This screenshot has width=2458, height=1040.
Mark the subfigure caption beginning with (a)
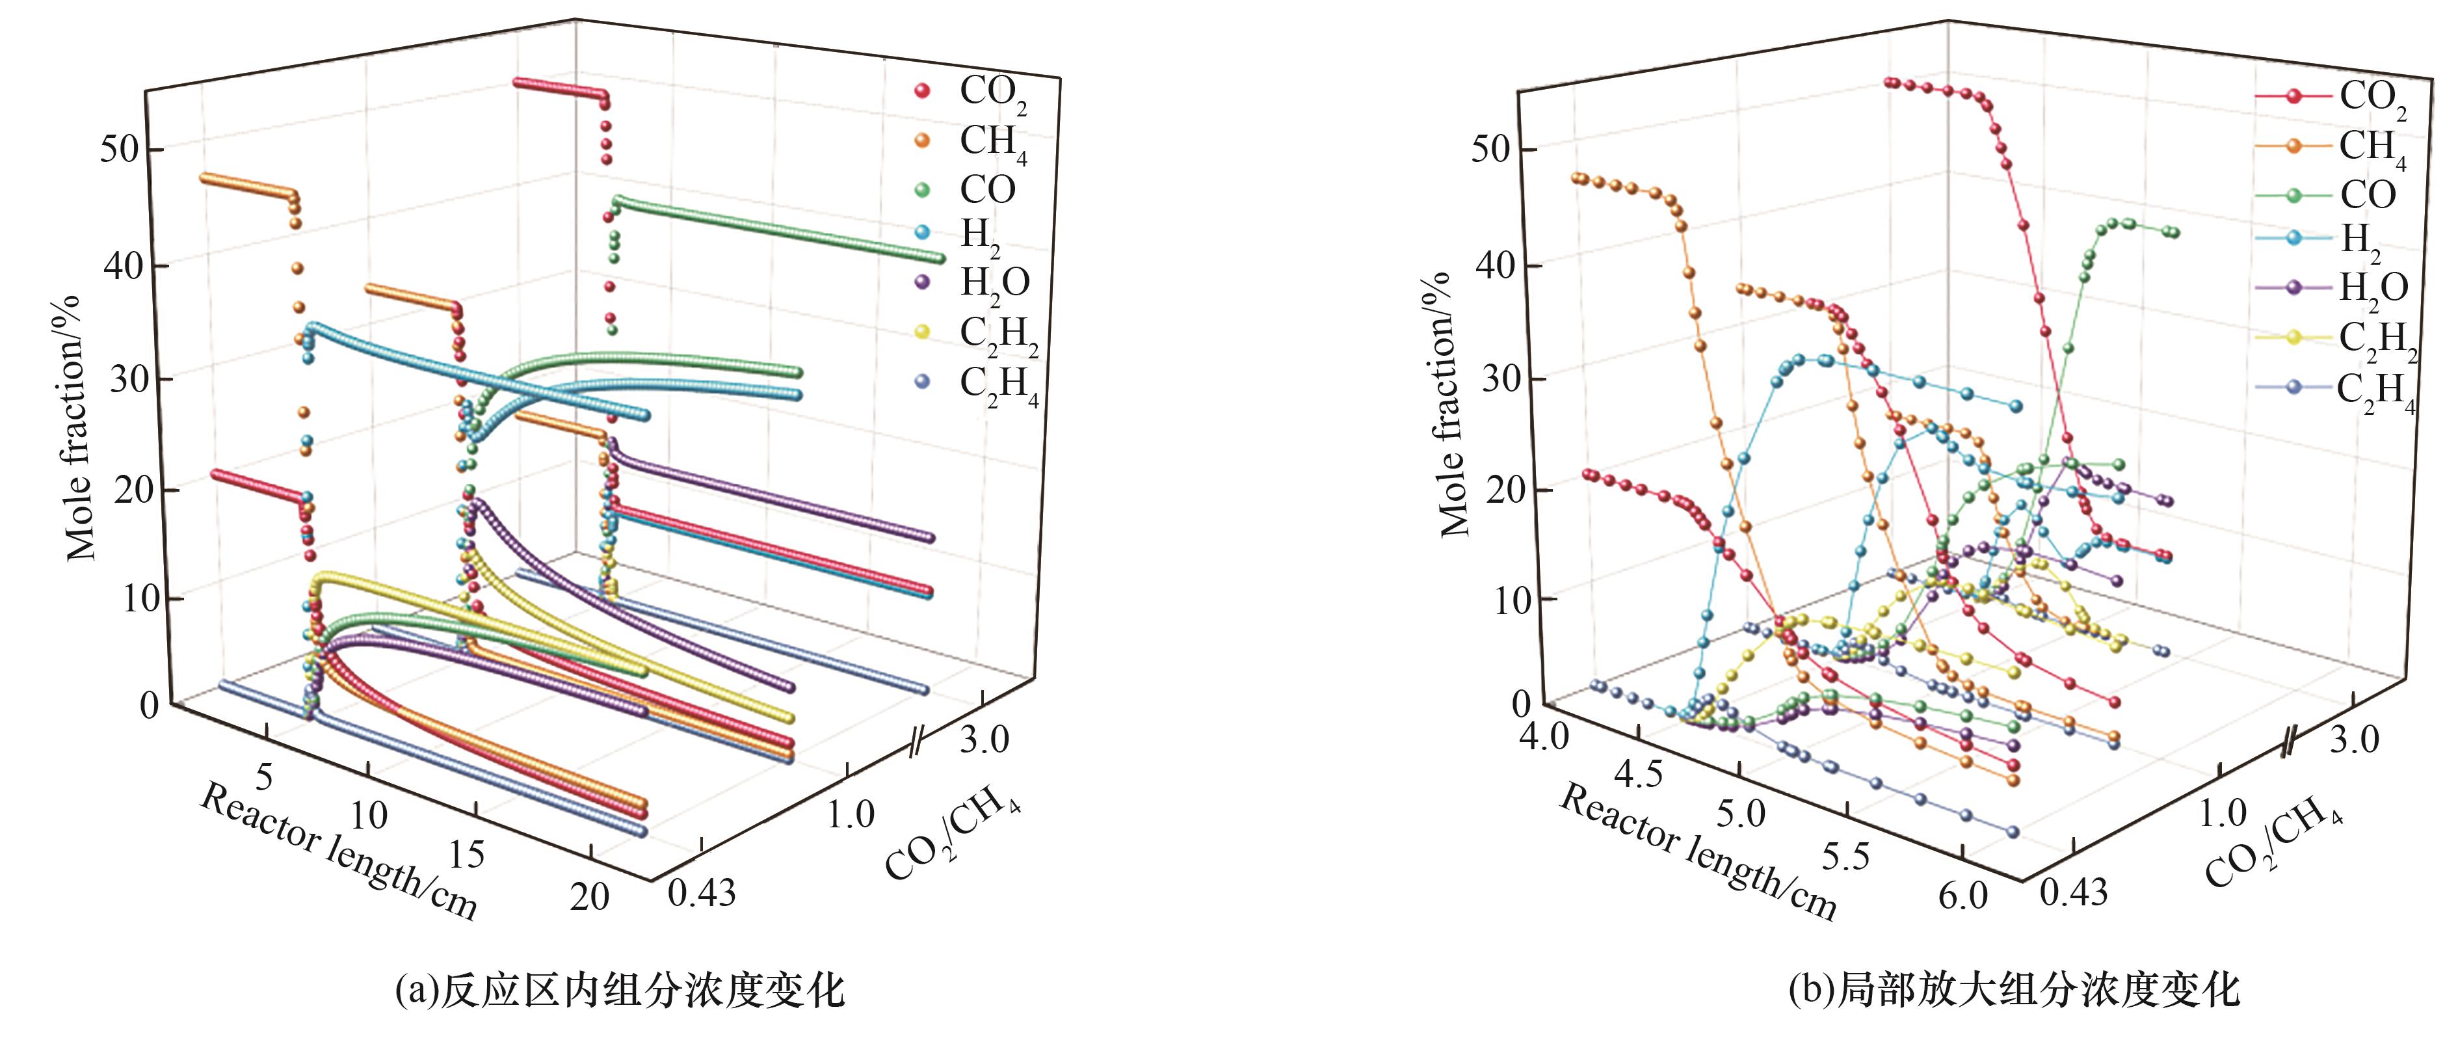[620, 991]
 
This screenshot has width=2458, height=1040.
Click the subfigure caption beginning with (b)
[2013, 991]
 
